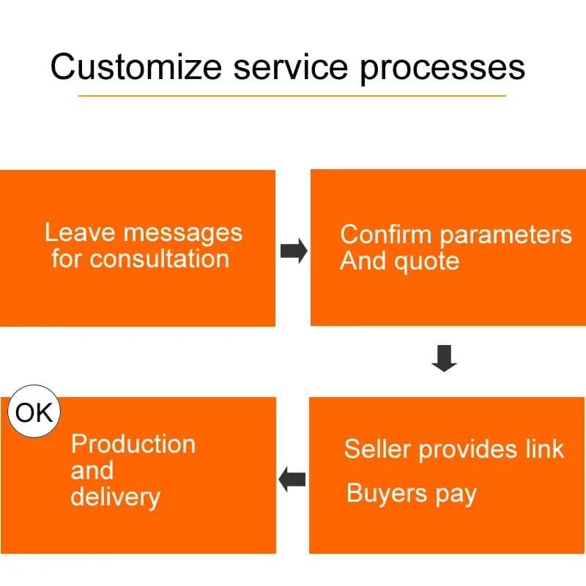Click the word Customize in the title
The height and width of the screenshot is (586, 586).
coord(136,67)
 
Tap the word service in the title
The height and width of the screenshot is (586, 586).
coord(291,67)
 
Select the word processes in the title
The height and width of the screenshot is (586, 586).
coord(442,69)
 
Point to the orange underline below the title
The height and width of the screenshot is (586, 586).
coord(292,96)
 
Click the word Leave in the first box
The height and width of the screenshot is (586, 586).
coord(80,232)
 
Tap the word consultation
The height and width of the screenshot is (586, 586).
coord(159,259)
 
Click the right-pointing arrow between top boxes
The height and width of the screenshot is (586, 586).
coord(294,251)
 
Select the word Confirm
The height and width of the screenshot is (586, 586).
coord(386,234)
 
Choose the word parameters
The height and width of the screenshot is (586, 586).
coord(505,236)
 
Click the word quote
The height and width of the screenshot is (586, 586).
coord(427,262)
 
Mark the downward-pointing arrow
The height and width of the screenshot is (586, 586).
coord(445,358)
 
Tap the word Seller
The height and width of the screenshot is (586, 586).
coord(377,448)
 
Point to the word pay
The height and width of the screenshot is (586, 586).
coord(456,495)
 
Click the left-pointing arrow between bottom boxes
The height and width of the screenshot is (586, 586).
coord(292,480)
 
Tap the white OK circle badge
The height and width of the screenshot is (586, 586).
coord(34,411)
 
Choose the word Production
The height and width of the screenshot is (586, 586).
coord(133,444)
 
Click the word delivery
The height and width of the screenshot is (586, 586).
coord(116,498)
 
